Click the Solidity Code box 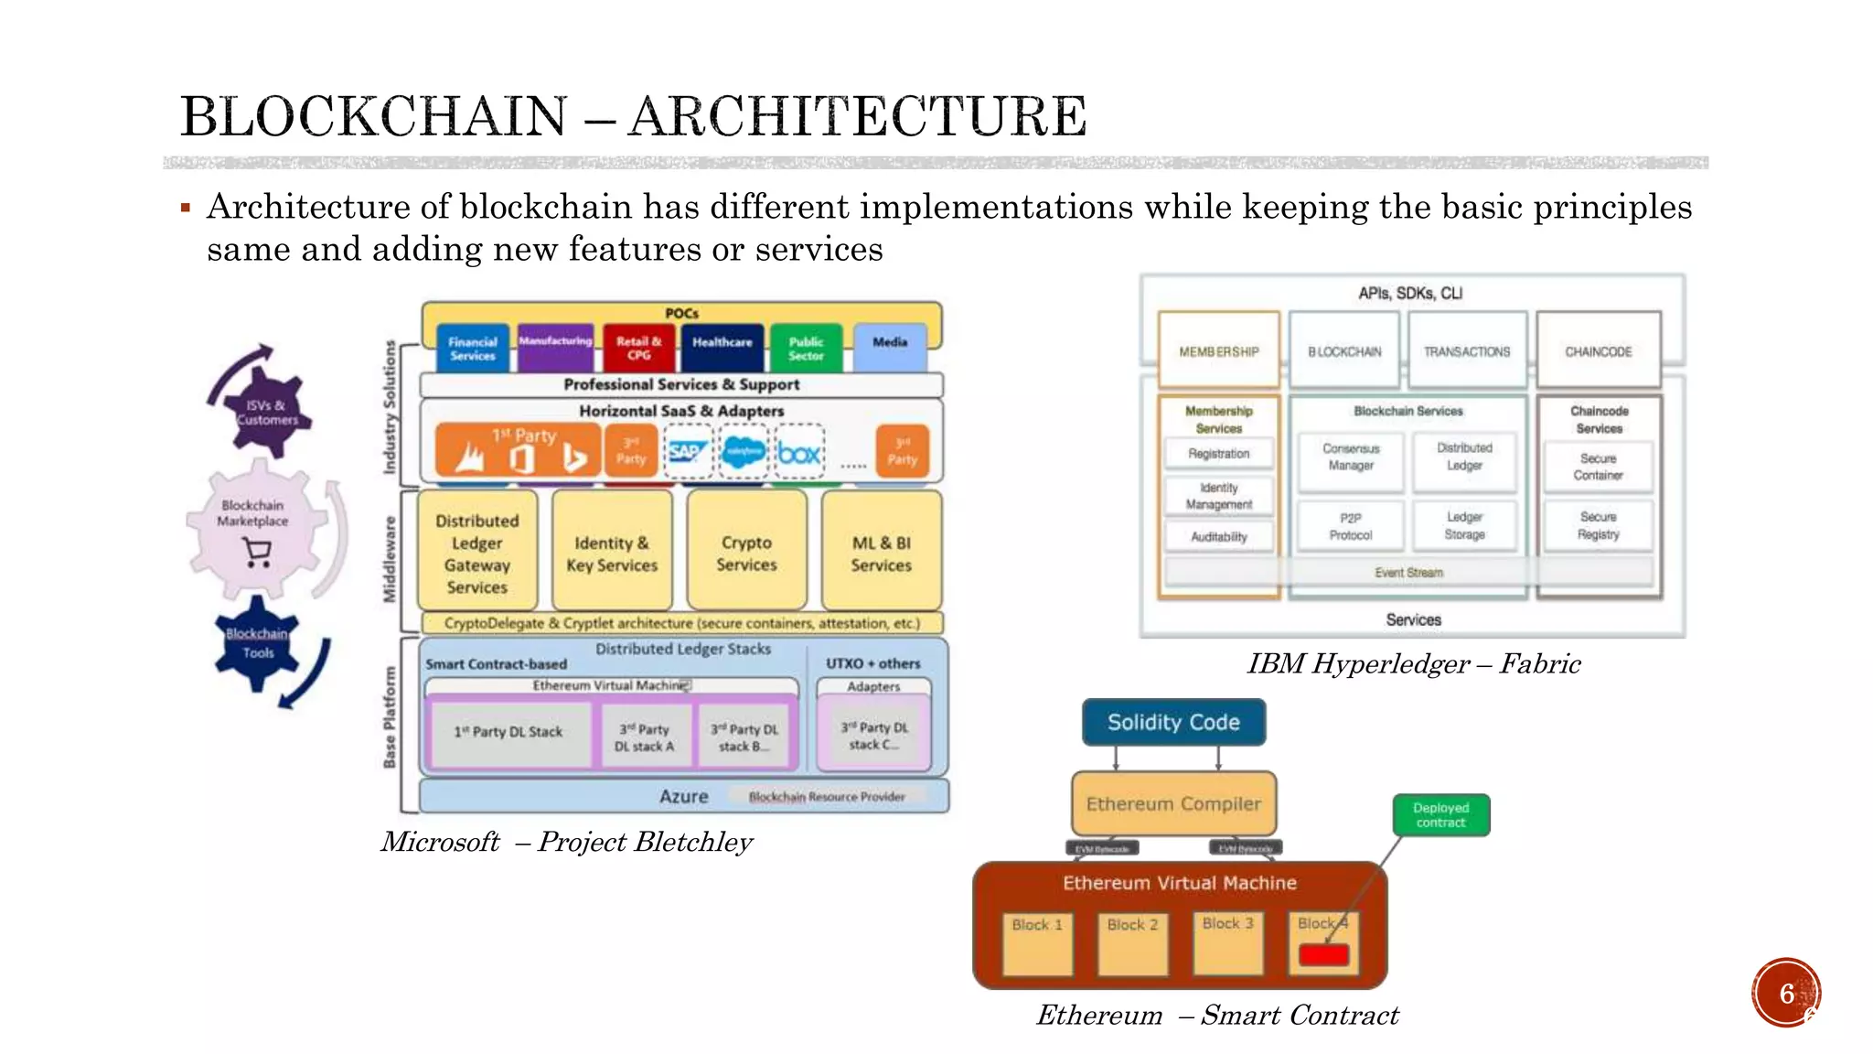tap(1173, 723)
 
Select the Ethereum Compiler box tap(1173, 804)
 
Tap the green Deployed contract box tap(1440, 815)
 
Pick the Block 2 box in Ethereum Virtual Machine tap(1132, 943)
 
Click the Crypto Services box tap(746, 553)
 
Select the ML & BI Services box tap(881, 553)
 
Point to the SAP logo tap(686, 452)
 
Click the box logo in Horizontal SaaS tap(799, 452)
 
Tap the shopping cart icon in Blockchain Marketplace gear tap(258, 553)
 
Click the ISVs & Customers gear tap(266, 412)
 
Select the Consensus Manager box tap(1350, 457)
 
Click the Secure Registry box tap(1598, 526)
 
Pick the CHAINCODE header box tap(1598, 351)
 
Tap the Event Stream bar tap(1408, 573)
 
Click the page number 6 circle tap(1786, 994)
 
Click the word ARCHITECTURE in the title tap(858, 117)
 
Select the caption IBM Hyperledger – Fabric tap(1413, 664)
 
